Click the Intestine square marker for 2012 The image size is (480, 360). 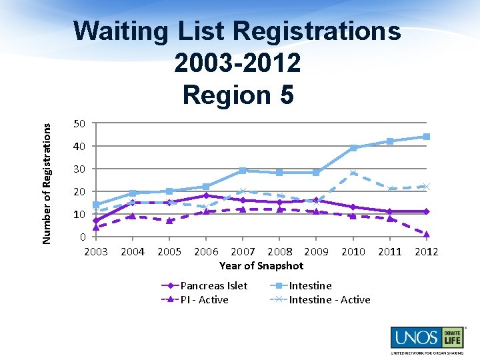click(427, 137)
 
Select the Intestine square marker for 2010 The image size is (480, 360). click(353, 148)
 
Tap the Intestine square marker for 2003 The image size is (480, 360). click(96, 205)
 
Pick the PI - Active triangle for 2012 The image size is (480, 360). click(427, 234)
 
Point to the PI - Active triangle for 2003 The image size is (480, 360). click(96, 227)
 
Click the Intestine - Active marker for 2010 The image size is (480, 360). click(353, 173)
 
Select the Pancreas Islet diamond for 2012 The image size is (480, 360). click(427, 211)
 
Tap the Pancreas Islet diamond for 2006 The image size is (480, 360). click(206, 196)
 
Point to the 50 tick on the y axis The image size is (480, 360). click(79, 123)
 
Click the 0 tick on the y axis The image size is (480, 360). click(83, 237)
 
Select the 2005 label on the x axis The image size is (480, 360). click(169, 251)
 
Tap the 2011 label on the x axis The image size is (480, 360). click(390, 251)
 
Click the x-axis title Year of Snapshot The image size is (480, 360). click(261, 265)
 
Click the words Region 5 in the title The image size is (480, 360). click(238, 95)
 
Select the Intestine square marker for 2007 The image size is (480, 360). click(243, 171)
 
